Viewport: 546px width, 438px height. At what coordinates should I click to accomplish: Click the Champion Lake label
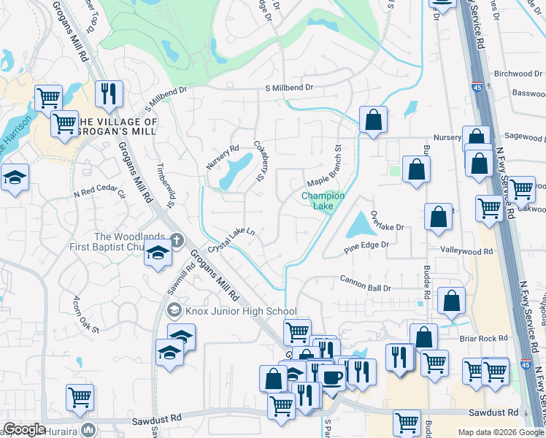point(323,201)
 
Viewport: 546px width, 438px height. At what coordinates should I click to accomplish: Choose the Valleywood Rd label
point(466,250)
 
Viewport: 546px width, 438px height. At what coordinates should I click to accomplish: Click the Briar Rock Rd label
point(483,338)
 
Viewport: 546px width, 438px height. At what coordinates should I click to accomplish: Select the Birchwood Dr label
point(518,74)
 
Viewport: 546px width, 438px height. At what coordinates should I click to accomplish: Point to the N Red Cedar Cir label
point(100,194)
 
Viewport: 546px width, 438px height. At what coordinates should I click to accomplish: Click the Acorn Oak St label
point(85,315)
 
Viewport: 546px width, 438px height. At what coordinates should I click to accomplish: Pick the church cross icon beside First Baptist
point(176,239)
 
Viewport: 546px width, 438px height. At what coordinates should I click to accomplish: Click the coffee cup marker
point(333,377)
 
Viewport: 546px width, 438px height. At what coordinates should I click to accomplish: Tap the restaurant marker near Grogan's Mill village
point(109,93)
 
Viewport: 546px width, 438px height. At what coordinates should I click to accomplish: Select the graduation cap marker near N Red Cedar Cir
point(14,178)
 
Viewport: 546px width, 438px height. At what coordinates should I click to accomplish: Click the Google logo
point(24,429)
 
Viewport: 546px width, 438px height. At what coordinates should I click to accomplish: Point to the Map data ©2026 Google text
point(500,432)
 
